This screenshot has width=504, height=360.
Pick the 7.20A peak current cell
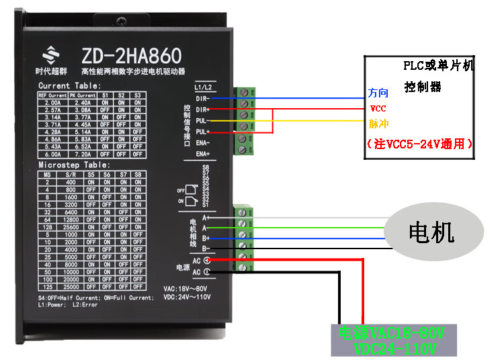point(82,154)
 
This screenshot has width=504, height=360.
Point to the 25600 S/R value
point(73,227)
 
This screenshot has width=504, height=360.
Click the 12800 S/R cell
point(73,218)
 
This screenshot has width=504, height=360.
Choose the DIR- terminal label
point(202,99)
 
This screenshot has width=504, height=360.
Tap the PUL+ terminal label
point(202,132)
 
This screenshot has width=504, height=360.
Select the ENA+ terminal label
point(202,154)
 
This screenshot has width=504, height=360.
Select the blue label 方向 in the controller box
point(378,92)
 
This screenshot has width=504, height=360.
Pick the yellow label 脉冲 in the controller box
point(378,124)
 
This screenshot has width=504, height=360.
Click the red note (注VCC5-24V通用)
point(419,143)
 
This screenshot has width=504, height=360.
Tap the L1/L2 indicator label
point(203,87)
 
